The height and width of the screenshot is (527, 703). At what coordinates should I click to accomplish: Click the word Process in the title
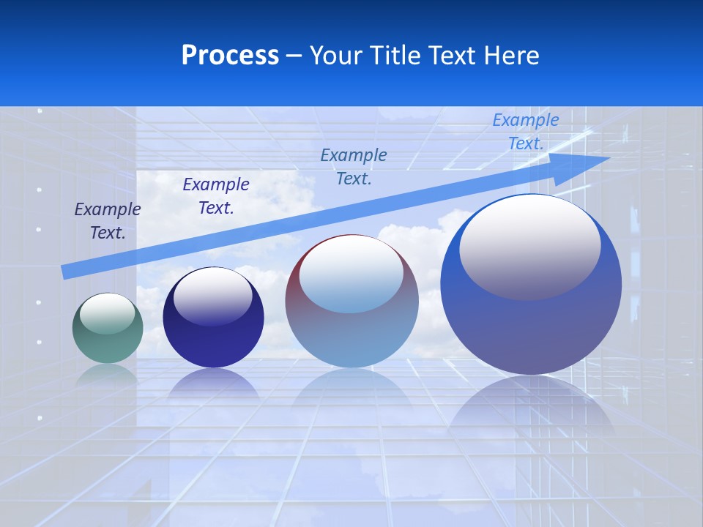pyautogui.click(x=230, y=56)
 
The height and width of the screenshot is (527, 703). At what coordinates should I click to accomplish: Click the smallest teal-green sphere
pyautogui.click(x=108, y=329)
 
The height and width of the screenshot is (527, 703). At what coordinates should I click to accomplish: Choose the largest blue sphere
pyautogui.click(x=531, y=322)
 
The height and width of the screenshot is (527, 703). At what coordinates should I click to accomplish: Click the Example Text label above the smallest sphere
pyautogui.click(x=107, y=221)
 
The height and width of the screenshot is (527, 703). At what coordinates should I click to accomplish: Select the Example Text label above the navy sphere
pyautogui.click(x=216, y=196)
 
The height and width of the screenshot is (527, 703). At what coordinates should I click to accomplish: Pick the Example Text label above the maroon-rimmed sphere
pyautogui.click(x=354, y=167)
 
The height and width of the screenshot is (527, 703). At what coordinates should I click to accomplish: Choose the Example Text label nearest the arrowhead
pyautogui.click(x=526, y=132)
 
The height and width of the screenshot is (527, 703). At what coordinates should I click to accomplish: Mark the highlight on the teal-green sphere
pyautogui.click(x=107, y=313)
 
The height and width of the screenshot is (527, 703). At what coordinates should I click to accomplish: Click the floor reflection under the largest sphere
pyautogui.click(x=531, y=410)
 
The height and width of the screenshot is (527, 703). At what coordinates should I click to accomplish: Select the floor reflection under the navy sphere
pyautogui.click(x=213, y=385)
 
